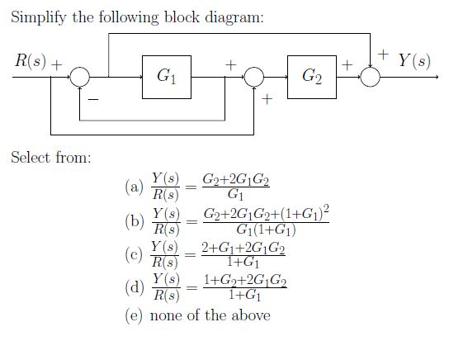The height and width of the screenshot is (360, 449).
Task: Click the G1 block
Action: pyautogui.click(x=166, y=76)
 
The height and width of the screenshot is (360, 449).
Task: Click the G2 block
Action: pyautogui.click(x=311, y=76)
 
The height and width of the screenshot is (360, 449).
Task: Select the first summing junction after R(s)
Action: pyautogui.click(x=79, y=76)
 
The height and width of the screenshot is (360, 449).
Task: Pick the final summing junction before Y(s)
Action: pyautogui.click(x=371, y=76)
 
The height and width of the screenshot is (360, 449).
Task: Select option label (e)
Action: pyautogui.click(x=134, y=315)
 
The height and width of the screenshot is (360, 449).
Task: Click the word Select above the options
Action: pyautogui.click(x=31, y=157)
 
